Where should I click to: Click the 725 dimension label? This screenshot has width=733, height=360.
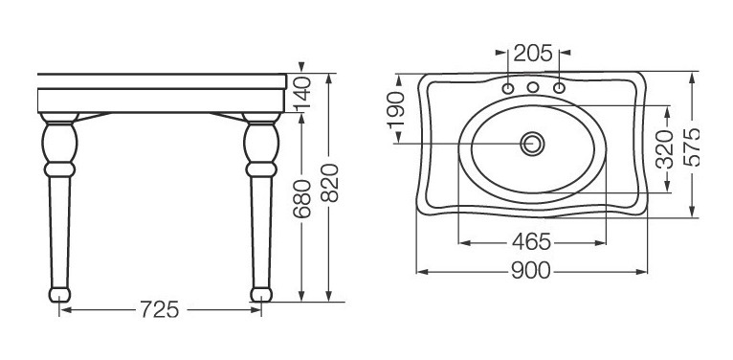(160, 309)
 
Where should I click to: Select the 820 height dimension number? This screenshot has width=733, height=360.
(330, 183)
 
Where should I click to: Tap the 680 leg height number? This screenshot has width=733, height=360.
(302, 199)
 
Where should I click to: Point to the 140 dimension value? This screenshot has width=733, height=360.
(302, 92)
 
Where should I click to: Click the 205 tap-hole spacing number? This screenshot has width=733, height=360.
(533, 54)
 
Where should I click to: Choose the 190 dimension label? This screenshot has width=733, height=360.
(395, 110)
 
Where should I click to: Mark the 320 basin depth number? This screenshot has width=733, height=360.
(664, 149)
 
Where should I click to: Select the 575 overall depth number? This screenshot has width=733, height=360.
(692, 146)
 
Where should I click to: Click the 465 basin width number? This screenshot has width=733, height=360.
(531, 241)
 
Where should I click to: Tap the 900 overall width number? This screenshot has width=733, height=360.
(531, 271)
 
